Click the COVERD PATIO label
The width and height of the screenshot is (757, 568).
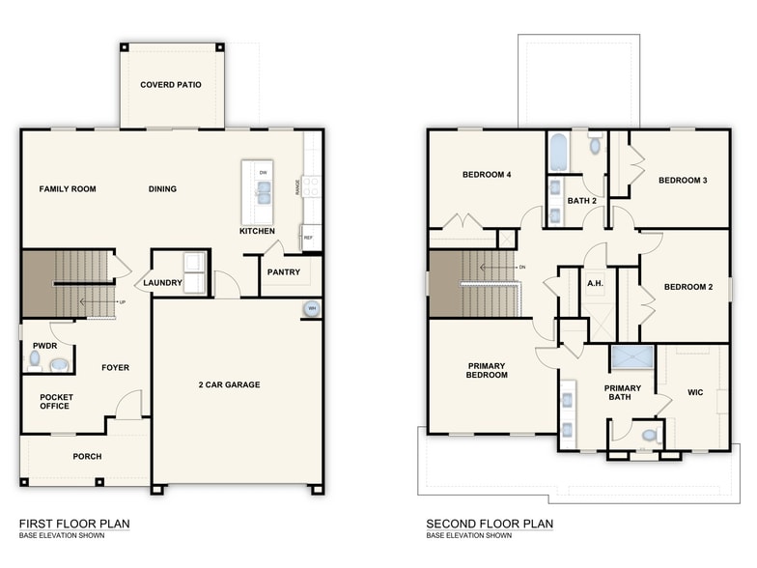click(x=171, y=85)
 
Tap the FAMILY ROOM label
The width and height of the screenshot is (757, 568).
click(x=68, y=189)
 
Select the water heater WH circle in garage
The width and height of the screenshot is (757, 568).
click(x=311, y=309)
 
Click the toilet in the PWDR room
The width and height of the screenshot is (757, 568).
click(x=35, y=359)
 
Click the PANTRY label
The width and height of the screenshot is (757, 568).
click(x=284, y=272)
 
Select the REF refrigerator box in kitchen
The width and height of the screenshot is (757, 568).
click(x=308, y=237)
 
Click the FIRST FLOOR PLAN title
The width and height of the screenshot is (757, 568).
click(x=74, y=524)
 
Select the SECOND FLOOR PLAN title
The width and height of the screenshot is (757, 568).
click(x=490, y=524)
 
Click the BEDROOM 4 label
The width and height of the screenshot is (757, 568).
click(x=487, y=175)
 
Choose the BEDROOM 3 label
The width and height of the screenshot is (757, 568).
click(x=684, y=181)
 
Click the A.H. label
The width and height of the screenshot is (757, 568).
click(x=595, y=284)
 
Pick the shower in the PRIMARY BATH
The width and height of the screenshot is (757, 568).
click(x=632, y=356)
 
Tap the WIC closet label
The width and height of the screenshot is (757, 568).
click(x=695, y=393)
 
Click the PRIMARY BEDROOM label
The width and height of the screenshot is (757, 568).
click(x=488, y=371)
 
